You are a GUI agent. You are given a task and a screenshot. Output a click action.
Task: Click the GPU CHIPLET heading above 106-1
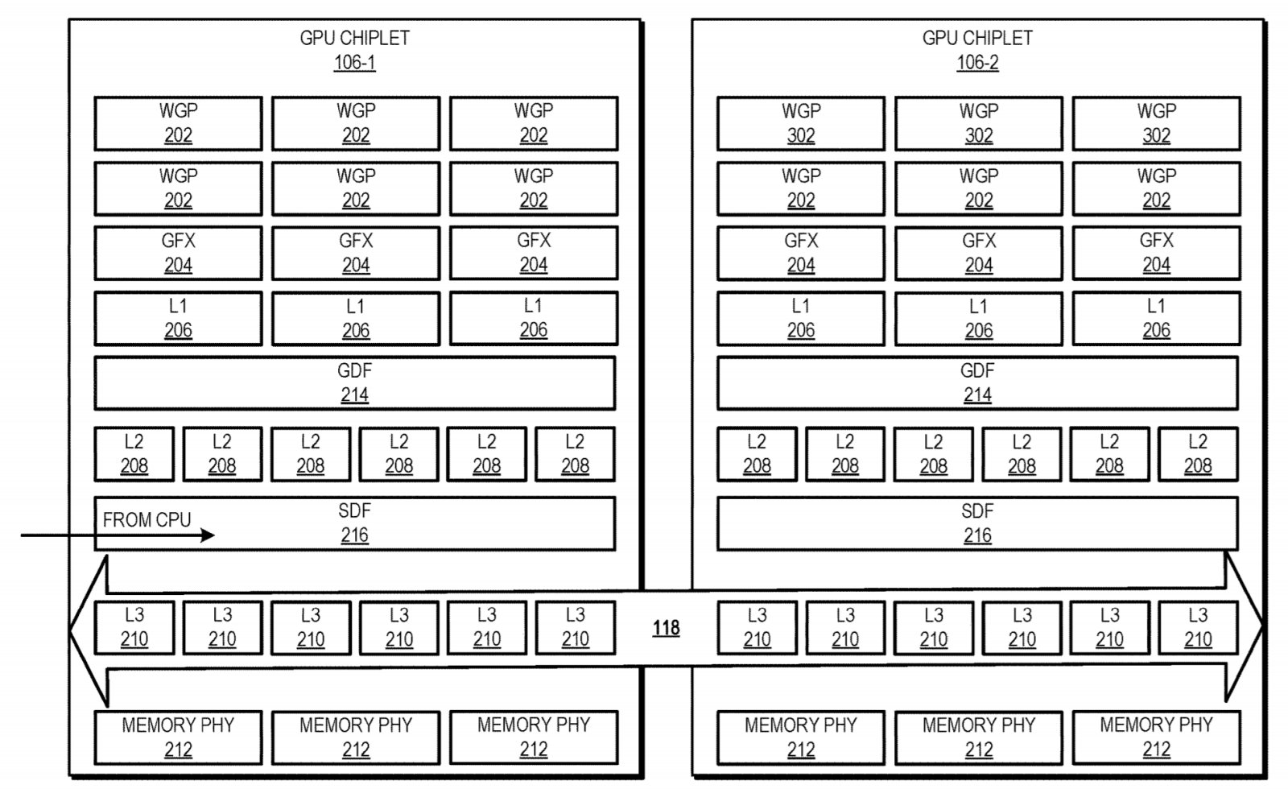coord(354,38)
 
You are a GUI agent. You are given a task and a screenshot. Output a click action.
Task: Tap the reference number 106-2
coord(977,63)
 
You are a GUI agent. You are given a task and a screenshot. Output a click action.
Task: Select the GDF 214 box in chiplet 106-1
coord(354,383)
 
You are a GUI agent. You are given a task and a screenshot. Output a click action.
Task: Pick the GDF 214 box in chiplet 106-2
coord(977,383)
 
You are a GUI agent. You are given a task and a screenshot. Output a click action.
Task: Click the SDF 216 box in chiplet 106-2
coord(977,523)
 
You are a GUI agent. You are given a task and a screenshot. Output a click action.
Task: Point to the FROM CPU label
coord(147,520)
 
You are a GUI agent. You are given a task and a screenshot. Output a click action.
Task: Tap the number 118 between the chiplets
coord(666,628)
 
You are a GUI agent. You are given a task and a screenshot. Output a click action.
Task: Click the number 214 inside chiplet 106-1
coord(354,395)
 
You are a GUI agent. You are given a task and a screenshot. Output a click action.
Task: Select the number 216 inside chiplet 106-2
coord(977,535)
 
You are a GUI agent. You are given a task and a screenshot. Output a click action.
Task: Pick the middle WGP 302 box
coord(979,123)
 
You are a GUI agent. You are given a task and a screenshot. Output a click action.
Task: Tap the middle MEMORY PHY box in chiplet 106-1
coord(356,737)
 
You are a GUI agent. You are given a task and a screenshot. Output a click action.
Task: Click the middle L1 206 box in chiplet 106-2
coord(979,318)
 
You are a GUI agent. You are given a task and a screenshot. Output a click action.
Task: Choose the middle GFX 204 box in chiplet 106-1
coord(356,253)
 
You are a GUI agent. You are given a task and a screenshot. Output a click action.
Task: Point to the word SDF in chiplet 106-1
coord(354,511)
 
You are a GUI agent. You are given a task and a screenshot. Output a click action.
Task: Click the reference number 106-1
coord(354,63)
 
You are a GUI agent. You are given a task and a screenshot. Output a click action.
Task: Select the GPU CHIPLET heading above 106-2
coord(977,38)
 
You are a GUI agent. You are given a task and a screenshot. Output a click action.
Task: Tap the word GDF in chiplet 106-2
coord(977,371)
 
